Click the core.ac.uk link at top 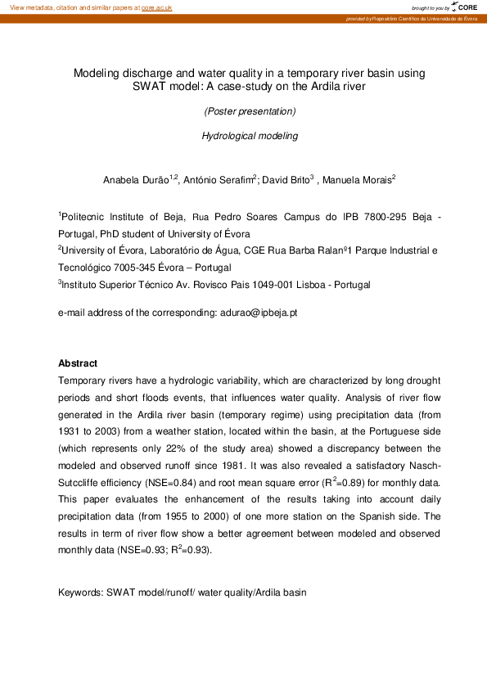156,7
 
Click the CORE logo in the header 465,7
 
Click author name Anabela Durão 135,179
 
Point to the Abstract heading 78,363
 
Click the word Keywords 80,592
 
